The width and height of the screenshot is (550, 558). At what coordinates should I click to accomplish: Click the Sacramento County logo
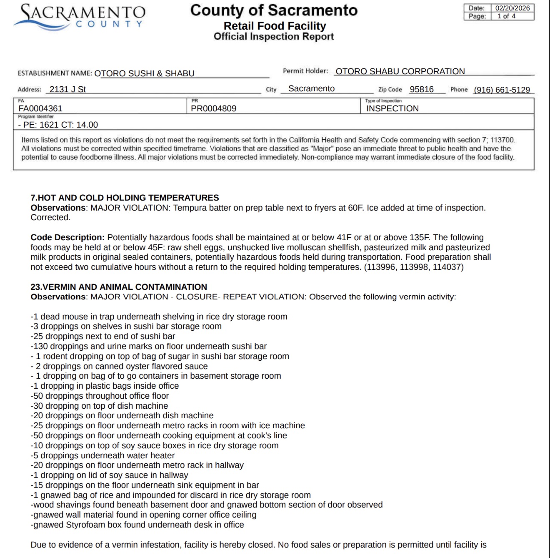pyautogui.click(x=79, y=17)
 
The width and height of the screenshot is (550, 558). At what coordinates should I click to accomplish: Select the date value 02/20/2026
pyautogui.click(x=512, y=8)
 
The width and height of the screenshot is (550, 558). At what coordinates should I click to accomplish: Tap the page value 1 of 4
pyautogui.click(x=506, y=16)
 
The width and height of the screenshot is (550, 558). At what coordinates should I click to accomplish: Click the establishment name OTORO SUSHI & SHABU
pyautogui.click(x=144, y=73)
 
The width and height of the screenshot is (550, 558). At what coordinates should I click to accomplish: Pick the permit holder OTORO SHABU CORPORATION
pyautogui.click(x=400, y=71)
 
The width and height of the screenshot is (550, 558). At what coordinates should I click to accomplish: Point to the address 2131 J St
pyautogui.click(x=67, y=89)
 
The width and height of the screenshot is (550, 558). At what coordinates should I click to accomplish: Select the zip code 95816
pyautogui.click(x=422, y=89)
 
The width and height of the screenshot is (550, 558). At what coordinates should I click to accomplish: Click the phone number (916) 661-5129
pyautogui.click(x=502, y=90)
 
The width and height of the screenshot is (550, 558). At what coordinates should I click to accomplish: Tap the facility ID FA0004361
pyautogui.click(x=40, y=108)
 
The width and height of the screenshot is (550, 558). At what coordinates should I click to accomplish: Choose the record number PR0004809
pyautogui.click(x=213, y=108)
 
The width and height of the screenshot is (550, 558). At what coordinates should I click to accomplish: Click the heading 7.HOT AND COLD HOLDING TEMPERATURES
pyautogui.click(x=125, y=198)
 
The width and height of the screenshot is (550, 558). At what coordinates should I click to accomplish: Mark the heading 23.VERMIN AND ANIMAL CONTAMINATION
pyautogui.click(x=119, y=287)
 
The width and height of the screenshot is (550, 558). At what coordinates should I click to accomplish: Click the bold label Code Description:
pyautogui.click(x=67, y=237)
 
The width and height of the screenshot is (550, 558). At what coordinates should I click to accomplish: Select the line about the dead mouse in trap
pyautogui.click(x=159, y=317)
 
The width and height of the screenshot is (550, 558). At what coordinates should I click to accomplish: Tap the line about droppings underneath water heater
pyautogui.click(x=102, y=455)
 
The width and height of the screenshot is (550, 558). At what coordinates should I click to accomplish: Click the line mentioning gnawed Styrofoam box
pyautogui.click(x=137, y=525)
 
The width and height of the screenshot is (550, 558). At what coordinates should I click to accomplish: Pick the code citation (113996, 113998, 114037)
pyautogui.click(x=414, y=267)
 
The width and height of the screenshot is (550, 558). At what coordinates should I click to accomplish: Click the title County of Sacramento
pyautogui.click(x=274, y=10)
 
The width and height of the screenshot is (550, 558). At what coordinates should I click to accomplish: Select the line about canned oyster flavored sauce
pyautogui.click(x=119, y=366)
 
